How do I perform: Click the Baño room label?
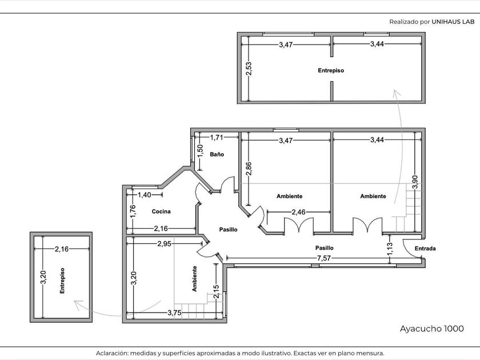tap(217, 154)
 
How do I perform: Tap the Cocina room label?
tap(161, 211)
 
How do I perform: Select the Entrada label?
tap(425, 248)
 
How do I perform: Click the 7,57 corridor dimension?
tap(324, 258)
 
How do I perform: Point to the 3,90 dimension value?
tap(415, 182)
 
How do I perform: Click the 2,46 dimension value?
tap(298, 212)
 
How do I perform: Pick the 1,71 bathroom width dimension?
tap(217, 138)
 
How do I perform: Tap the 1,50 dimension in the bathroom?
tap(200, 151)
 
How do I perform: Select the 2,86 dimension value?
tap(249, 169)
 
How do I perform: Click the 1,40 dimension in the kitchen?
tap(144, 195)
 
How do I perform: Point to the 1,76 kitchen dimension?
tap(133, 211)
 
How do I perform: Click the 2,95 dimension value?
tap(165, 243)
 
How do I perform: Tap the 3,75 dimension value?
tap(174, 313)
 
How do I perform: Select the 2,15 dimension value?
tap(216, 292)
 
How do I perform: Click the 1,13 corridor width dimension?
tap(390, 249)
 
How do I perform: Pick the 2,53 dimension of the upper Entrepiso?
tap(249, 69)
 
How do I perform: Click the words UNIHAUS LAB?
tap(453, 22)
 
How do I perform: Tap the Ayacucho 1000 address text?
tap(431, 329)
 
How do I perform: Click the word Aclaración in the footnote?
tap(111, 353)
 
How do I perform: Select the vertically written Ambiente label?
tap(194, 279)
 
